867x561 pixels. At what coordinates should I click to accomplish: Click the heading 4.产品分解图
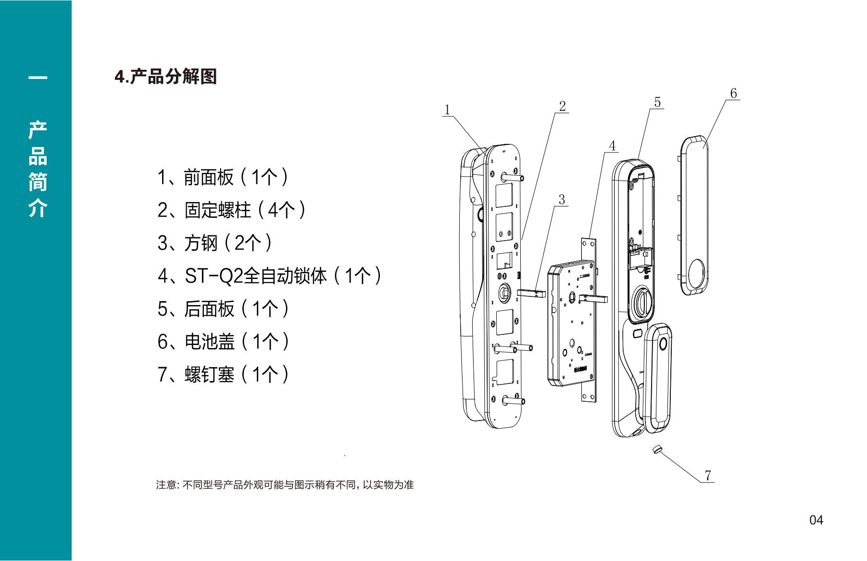point(166,76)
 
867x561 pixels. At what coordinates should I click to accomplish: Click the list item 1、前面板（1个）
point(223,178)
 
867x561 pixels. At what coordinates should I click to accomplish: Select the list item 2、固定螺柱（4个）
point(232,210)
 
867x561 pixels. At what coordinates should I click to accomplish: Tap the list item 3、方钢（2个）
point(215,243)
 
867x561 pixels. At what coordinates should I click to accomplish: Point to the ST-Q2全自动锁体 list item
point(270,276)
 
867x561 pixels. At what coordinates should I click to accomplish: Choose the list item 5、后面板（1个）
point(223,309)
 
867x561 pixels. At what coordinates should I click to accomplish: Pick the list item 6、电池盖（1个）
point(223,342)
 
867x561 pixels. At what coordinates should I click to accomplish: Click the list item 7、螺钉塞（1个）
point(223,374)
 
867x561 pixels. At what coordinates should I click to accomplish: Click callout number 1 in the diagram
point(447,110)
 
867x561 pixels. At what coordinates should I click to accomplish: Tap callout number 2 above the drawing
point(563,106)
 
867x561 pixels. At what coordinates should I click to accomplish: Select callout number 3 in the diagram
point(562,199)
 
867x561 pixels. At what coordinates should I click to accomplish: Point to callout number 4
point(612,146)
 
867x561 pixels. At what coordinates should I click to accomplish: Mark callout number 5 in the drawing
point(657,102)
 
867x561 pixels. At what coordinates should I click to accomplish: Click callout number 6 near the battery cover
point(733,93)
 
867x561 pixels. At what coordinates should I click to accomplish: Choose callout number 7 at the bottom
point(708,475)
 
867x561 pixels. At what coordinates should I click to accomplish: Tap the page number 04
point(816,520)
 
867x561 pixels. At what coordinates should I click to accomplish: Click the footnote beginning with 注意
point(285,484)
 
